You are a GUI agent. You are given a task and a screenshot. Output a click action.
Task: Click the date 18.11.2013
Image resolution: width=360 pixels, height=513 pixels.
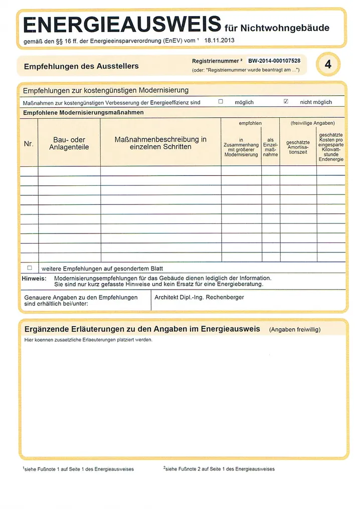(220, 40)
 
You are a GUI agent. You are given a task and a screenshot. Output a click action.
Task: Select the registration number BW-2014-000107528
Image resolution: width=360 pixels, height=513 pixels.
(274, 61)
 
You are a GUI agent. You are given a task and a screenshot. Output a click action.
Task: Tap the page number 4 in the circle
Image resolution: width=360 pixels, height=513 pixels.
(328, 65)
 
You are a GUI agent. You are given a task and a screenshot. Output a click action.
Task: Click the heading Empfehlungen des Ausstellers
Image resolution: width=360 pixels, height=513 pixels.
(81, 66)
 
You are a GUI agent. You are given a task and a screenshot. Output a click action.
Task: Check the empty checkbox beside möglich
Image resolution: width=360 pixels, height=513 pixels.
(221, 102)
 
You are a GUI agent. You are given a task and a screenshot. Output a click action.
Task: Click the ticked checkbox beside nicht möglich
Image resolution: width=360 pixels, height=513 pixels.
(286, 102)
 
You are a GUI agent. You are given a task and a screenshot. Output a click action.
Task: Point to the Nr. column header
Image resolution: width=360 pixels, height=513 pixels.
(29, 144)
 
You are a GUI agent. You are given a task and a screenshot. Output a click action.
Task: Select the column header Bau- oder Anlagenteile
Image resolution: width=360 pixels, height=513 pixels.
(69, 144)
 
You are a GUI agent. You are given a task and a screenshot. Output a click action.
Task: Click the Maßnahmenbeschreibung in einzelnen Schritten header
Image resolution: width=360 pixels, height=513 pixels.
(160, 143)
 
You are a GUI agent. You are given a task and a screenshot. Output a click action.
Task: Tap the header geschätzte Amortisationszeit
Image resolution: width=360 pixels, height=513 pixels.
(298, 147)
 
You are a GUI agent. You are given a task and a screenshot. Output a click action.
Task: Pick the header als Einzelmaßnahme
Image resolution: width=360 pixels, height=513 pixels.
(270, 147)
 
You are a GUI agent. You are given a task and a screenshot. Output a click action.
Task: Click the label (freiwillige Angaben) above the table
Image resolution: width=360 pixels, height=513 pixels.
(312, 123)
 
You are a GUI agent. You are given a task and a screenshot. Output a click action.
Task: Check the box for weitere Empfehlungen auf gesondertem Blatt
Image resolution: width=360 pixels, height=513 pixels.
(30, 268)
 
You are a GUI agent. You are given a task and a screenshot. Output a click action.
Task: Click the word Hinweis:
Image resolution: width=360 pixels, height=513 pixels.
(34, 278)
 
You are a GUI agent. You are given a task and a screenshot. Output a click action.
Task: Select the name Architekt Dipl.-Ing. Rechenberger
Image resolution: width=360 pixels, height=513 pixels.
(199, 297)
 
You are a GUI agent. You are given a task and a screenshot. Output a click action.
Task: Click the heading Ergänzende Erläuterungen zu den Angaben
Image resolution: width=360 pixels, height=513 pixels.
(142, 329)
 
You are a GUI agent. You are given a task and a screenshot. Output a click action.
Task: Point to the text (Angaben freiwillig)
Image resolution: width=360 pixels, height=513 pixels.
(294, 330)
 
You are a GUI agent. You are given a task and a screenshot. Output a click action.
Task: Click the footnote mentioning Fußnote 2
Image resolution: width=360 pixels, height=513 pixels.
(219, 469)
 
